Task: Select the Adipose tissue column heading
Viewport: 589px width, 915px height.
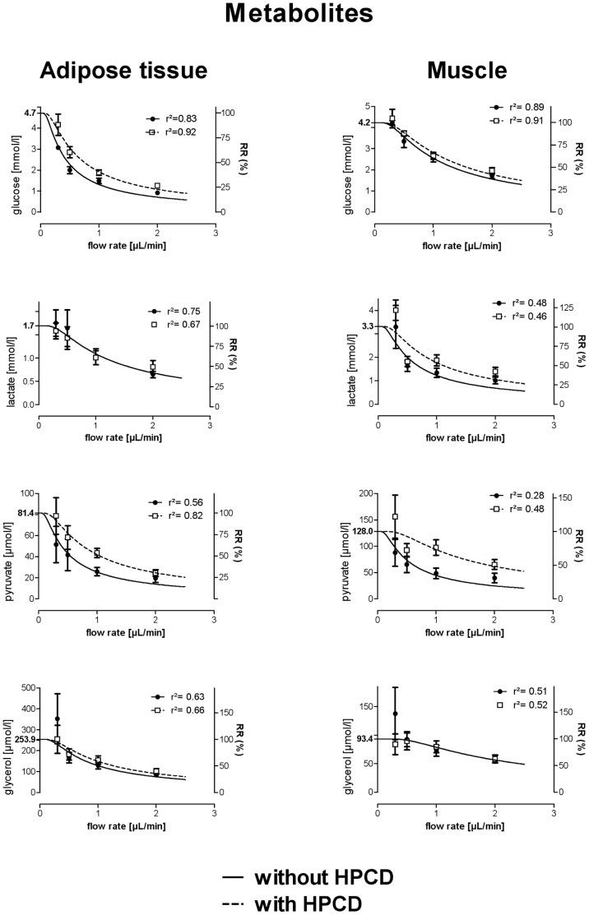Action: pos(122,72)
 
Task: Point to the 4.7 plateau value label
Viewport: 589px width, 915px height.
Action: pos(29,112)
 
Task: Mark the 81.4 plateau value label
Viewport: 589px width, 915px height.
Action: pos(25,513)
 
